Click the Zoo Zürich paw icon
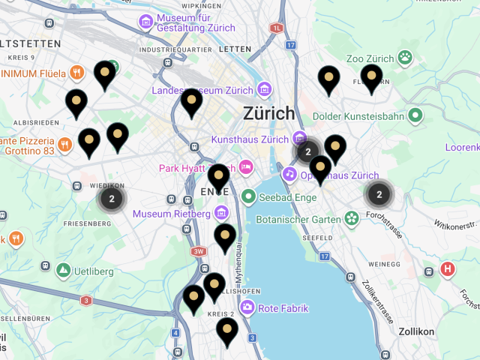click(x=406, y=57)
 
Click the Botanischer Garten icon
click(x=352, y=219)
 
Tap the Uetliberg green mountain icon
click(x=63, y=268)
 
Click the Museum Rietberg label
click(x=171, y=214)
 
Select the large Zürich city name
click(x=269, y=114)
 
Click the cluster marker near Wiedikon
click(x=112, y=199)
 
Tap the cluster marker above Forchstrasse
click(x=379, y=194)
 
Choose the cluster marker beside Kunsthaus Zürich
click(x=307, y=152)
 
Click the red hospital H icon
click(x=448, y=269)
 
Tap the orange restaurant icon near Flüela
click(x=76, y=73)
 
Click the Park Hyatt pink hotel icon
click(x=246, y=167)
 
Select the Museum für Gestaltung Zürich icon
click(x=145, y=21)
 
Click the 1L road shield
click(x=277, y=28)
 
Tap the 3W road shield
click(x=199, y=252)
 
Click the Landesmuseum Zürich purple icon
click(x=263, y=90)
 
